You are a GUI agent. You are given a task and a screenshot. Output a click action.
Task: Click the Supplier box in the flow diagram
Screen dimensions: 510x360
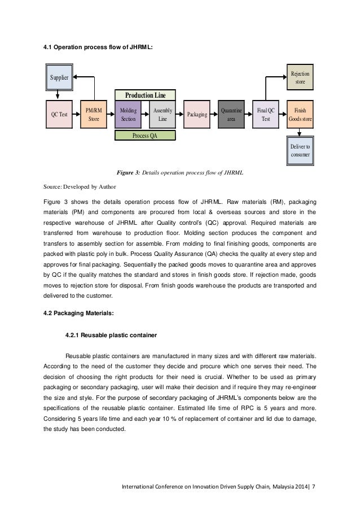pos(59,76)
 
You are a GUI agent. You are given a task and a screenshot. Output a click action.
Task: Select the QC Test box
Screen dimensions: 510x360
pos(59,114)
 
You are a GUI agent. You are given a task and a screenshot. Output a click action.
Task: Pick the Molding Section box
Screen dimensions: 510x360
pos(128,114)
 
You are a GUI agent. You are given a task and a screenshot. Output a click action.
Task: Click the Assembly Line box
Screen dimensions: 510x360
pos(163,114)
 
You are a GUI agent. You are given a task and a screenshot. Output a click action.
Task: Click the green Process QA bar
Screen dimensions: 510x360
pos(145,135)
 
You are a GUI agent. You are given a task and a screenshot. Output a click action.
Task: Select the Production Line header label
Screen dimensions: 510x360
pos(145,95)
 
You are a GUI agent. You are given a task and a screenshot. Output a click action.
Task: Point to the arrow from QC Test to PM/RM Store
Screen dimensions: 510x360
pos(76,114)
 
